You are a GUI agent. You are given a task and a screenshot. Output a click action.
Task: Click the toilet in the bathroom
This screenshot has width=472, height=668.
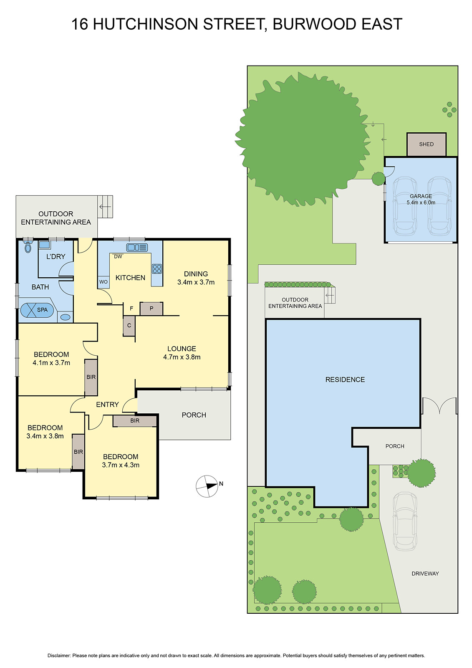point(28,247)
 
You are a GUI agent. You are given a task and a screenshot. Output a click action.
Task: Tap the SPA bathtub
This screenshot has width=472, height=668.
point(37,310)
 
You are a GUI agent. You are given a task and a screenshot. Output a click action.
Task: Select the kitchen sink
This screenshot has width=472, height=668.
point(137,248)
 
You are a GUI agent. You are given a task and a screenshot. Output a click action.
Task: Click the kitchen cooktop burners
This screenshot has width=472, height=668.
point(157,268)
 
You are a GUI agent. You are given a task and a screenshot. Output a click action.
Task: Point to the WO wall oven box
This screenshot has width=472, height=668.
point(103,282)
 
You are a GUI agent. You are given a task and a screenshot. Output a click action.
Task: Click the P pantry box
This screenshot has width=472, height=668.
point(151,309)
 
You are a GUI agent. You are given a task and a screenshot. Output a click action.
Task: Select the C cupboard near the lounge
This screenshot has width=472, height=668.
point(129,326)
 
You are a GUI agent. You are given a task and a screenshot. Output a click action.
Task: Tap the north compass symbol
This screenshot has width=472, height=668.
point(207,486)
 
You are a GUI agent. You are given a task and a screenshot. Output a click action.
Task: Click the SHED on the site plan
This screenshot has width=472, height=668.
point(426,144)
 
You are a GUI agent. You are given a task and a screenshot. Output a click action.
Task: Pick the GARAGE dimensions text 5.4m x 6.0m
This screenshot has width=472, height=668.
point(421,202)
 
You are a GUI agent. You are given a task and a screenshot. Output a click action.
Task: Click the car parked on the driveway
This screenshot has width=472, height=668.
point(404,521)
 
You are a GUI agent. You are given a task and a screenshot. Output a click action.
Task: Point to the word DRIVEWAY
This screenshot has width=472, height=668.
point(425,574)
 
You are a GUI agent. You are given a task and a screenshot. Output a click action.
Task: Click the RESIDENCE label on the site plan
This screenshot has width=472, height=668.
point(345,380)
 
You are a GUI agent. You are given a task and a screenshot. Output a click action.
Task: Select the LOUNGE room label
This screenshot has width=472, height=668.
point(182,349)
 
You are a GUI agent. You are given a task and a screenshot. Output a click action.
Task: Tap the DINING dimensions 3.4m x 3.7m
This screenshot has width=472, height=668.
point(196,282)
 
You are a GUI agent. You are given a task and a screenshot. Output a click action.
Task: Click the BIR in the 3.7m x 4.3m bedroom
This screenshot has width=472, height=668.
point(135,421)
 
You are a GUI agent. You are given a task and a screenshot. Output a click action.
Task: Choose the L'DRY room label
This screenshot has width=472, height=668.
point(56,256)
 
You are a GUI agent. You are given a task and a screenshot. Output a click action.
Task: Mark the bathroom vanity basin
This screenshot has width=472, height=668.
point(66,317)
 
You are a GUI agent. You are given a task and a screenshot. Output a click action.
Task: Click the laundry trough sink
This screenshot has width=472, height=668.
point(45,245)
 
